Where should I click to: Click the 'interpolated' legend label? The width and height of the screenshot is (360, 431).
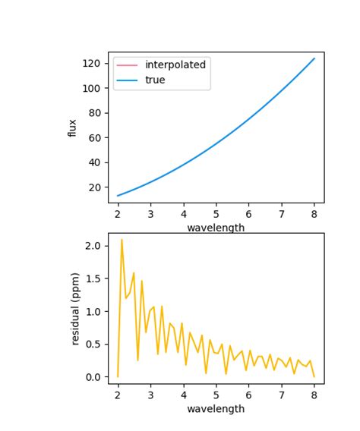[x=175, y=65]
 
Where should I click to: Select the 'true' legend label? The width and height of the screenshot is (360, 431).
[x=155, y=80]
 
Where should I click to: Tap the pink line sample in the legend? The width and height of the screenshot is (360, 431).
[x=127, y=65]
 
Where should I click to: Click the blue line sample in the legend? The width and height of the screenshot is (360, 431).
[x=127, y=80]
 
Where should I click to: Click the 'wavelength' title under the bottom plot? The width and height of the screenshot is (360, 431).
[x=216, y=409]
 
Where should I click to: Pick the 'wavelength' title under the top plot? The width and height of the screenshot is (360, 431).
[x=216, y=228]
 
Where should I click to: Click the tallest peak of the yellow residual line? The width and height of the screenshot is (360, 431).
[x=122, y=240]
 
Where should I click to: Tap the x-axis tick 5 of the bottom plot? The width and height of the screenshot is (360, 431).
[x=216, y=395]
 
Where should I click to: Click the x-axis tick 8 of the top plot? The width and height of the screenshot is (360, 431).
[x=314, y=214]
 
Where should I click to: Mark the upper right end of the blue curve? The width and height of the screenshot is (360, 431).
[x=314, y=58]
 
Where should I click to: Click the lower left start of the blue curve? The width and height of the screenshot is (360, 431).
[x=118, y=196]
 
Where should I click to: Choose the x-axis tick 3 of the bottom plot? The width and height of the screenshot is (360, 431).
[x=150, y=395]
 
